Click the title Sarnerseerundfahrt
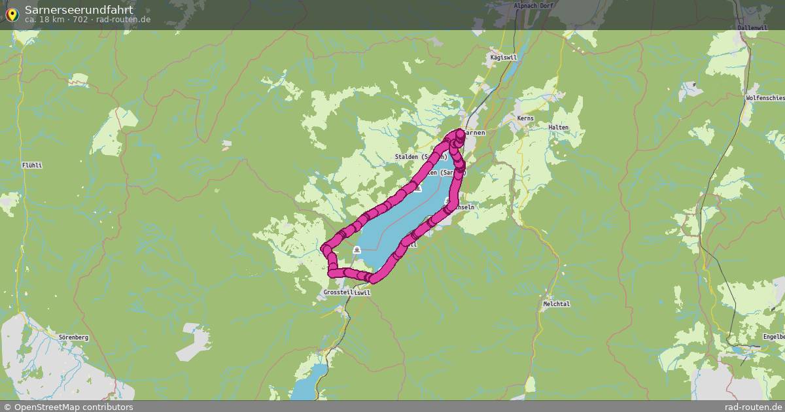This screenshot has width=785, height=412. [78, 10]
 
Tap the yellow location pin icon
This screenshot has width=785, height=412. [11, 14]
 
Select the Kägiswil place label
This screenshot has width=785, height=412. [504, 58]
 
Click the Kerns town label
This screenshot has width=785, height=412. [525, 118]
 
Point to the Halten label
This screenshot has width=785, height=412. [558, 128]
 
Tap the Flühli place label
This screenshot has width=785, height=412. [31, 165]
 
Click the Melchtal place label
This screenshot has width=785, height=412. [556, 304]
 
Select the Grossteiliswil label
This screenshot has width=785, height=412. [347, 293]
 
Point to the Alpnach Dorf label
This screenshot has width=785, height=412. [534, 6]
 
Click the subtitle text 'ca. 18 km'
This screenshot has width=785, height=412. [43, 20]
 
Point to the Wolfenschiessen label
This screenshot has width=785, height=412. [765, 98]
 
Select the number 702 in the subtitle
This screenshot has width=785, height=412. [81, 20]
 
